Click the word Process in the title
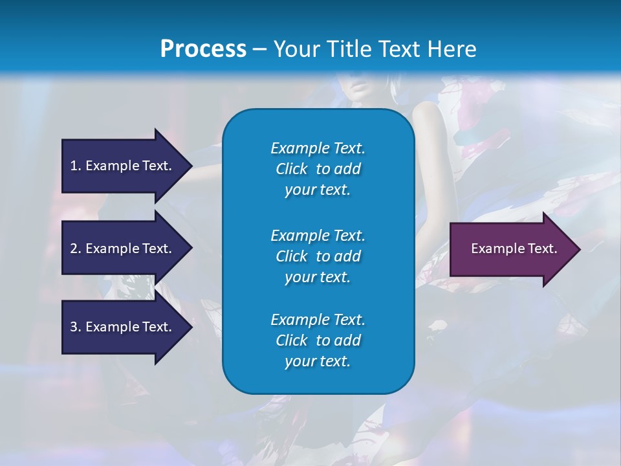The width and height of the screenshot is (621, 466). [x=203, y=49]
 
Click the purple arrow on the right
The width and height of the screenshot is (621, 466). [x=514, y=249]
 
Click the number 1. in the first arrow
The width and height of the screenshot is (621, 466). [x=76, y=166]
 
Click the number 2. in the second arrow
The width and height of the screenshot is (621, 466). [x=76, y=249]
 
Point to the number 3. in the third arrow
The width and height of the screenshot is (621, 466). [x=76, y=327]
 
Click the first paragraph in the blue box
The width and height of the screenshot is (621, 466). [x=318, y=169]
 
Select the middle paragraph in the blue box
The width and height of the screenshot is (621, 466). [x=318, y=256]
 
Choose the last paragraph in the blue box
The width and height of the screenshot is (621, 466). [x=318, y=340]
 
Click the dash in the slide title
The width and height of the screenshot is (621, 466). [x=259, y=50]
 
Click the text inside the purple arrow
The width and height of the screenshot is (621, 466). [x=514, y=249]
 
